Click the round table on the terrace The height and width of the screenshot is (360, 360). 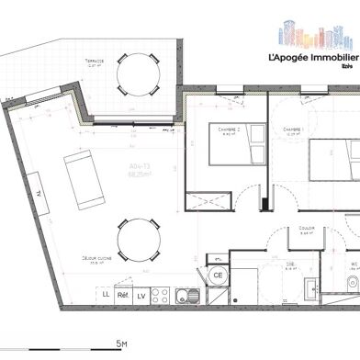(139, 72)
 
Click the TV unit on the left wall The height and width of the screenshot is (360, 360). (39, 192)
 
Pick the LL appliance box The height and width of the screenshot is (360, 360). (106, 269)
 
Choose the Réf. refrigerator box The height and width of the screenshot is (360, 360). (123, 269)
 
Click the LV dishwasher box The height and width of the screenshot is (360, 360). (141, 269)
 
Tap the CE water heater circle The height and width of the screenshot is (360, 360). (219, 274)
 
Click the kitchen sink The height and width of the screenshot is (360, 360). (186, 270)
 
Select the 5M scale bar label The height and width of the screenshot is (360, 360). (119, 343)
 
